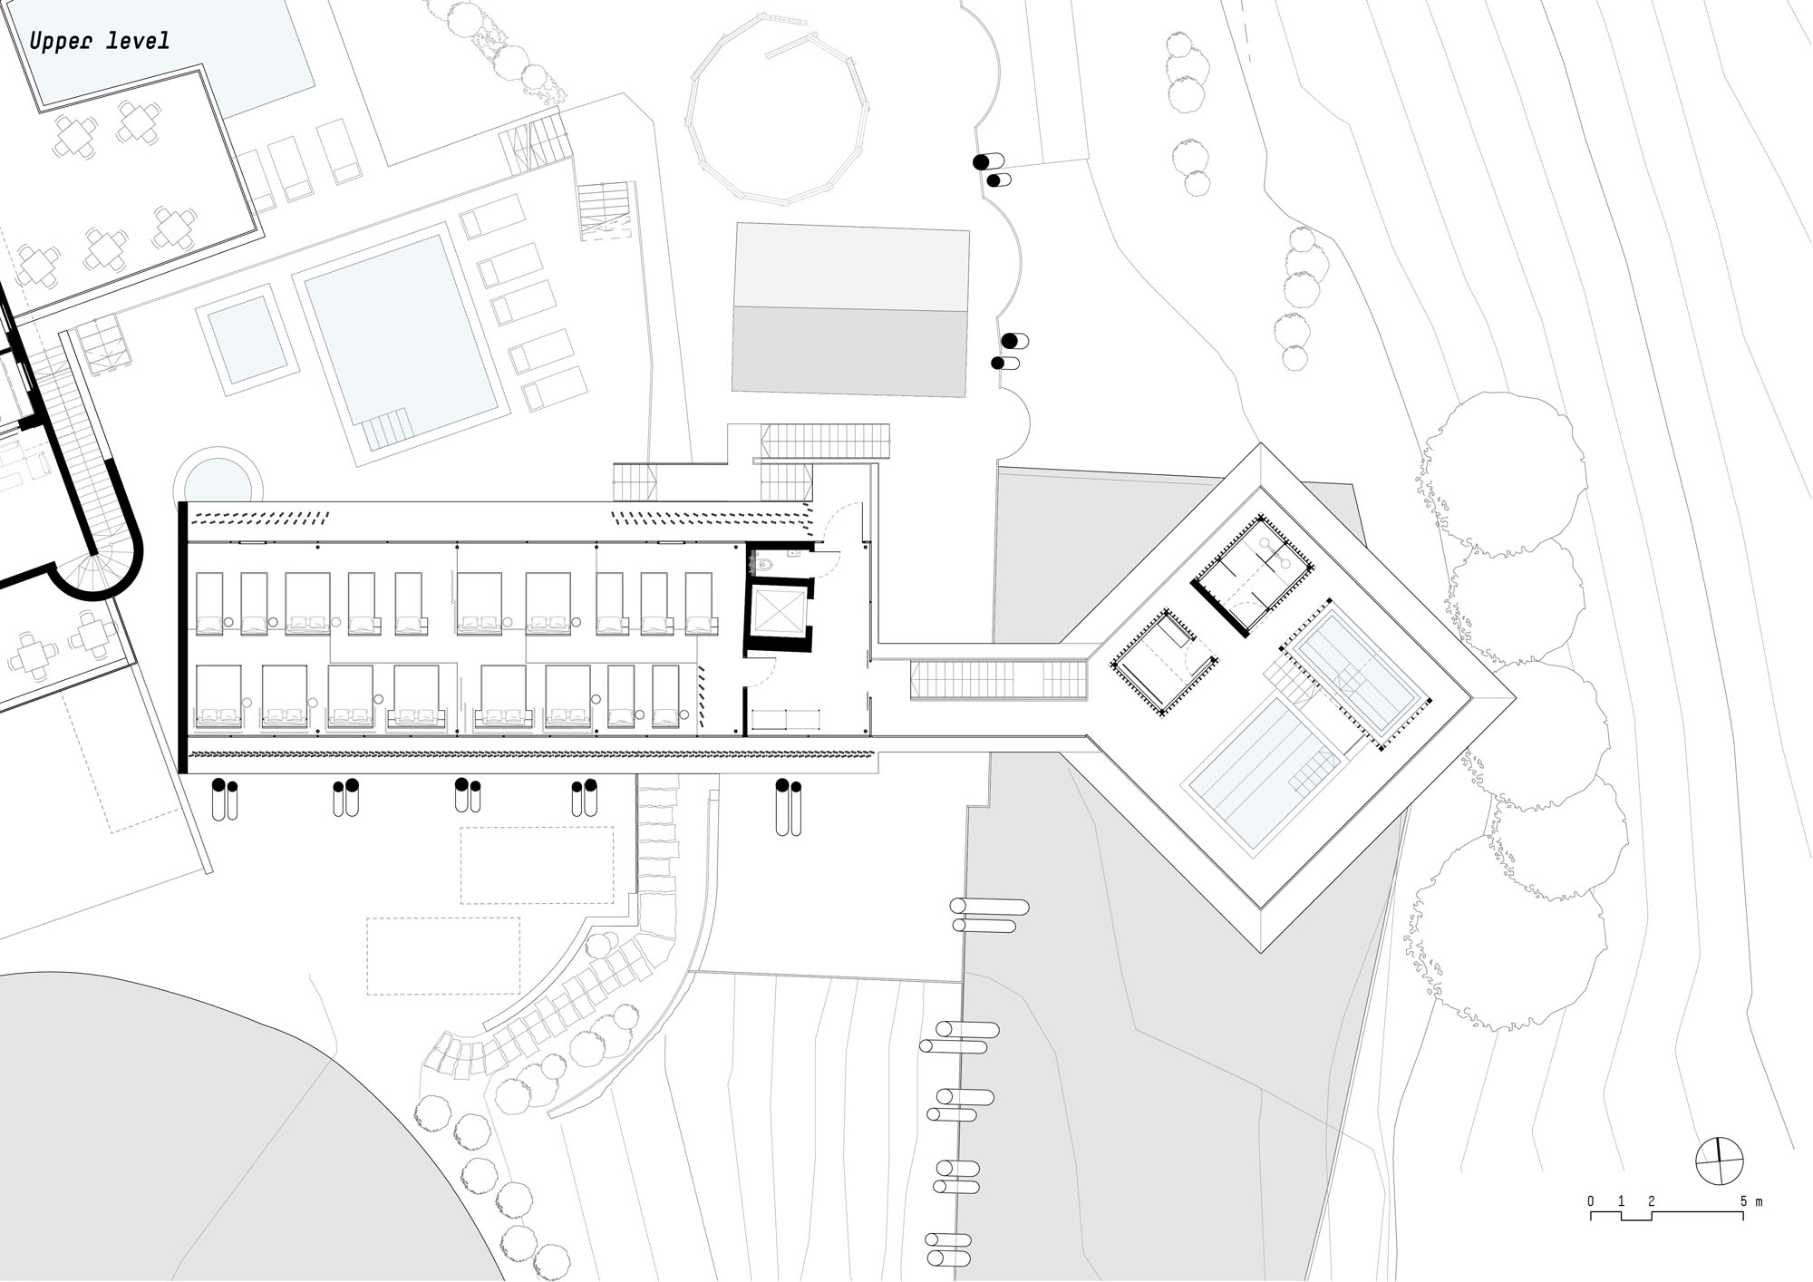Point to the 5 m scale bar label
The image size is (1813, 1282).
pos(1750,1202)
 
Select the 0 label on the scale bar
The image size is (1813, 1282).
pos(1591,1202)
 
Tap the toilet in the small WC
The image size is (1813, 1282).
pos(763,564)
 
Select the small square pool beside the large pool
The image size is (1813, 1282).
pos(247,337)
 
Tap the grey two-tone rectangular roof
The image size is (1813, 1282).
pos(849,310)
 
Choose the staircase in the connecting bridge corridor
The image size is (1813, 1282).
pos(999,680)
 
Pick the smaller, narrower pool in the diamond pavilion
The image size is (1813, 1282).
pos(1356,675)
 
